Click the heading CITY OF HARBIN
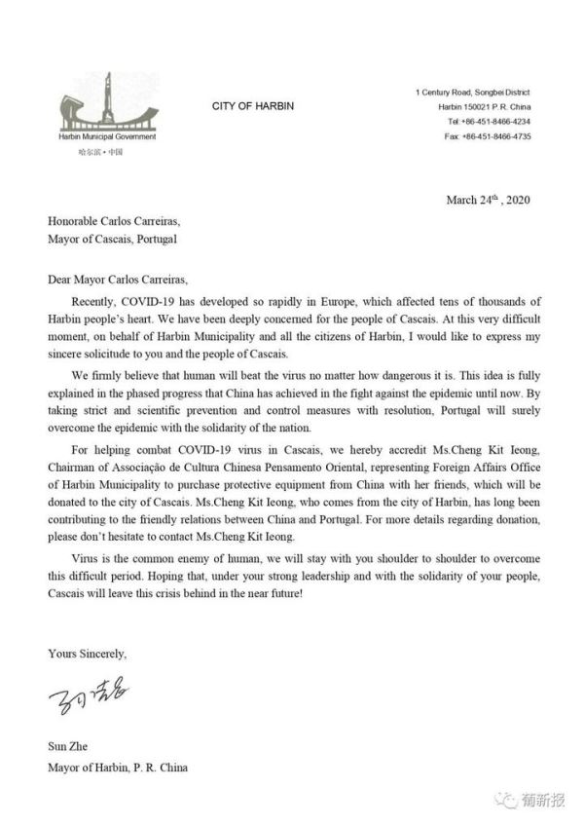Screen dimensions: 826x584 [x=252, y=105]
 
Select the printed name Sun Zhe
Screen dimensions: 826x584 [x=67, y=747]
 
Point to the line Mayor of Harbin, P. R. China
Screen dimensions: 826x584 [x=117, y=768]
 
